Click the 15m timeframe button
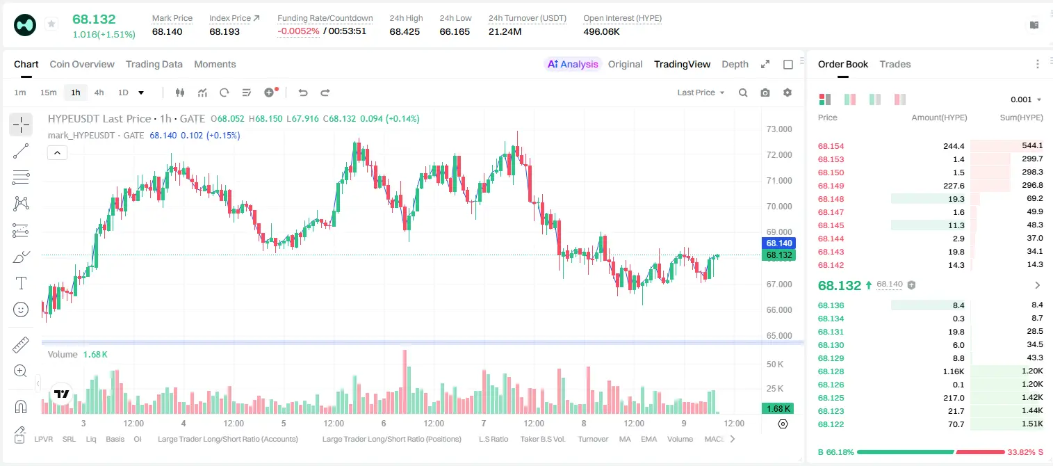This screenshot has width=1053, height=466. coord(49,93)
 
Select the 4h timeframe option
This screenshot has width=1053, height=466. coord(99,93)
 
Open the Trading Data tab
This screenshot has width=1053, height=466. coord(154,64)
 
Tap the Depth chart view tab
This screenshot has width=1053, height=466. coord(735,64)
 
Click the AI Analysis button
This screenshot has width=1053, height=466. coord(573,64)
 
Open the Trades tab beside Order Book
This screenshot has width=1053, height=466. coord(895,64)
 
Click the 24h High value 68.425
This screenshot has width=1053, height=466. coord(405,31)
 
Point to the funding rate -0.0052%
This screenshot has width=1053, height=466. coord(298,31)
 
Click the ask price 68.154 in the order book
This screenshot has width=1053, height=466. coord(831,146)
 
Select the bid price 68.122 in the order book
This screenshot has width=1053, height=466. coord(831,424)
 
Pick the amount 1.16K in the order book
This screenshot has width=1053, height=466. coord(954,371)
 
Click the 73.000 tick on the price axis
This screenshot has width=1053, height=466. coord(779,129)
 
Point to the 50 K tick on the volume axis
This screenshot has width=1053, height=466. coord(775,364)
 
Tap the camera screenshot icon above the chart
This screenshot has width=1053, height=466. coord(765,93)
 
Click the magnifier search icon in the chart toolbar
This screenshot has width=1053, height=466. coord(743,93)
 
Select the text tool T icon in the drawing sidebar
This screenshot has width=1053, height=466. coord(21,283)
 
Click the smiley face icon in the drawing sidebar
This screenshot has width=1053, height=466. coord(21,310)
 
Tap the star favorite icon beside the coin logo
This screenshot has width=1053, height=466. coord(51,24)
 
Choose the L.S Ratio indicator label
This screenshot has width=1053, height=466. coord(493,439)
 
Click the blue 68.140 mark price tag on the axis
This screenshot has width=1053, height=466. coord(778,243)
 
